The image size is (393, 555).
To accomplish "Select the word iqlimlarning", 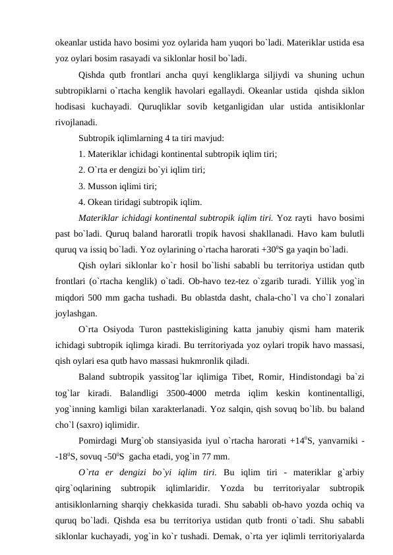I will (139, 138).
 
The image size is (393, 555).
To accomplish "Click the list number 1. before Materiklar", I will (82, 154).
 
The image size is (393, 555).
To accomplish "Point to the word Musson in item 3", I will (102, 186).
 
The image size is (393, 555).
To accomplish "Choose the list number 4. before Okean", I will (82, 202).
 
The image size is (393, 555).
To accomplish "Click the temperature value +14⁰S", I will (299, 440).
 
